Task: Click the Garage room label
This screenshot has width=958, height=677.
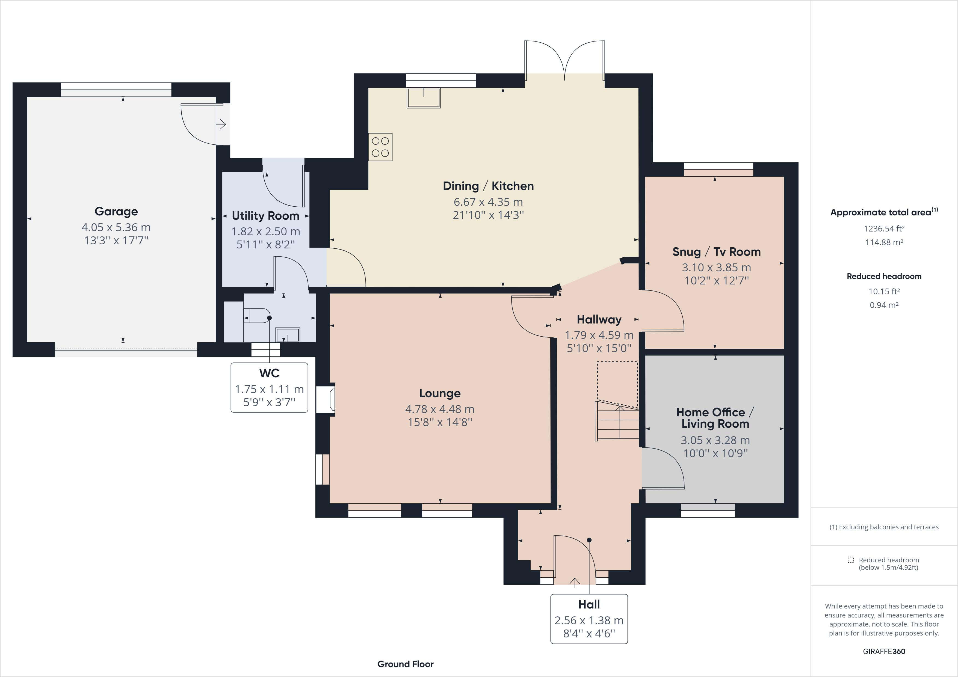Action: click(116, 212)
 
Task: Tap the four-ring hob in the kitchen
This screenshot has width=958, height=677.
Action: click(380, 147)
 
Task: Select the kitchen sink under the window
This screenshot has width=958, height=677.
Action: click(424, 98)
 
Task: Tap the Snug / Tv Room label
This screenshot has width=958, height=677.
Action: click(716, 252)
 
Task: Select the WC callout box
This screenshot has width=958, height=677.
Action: click(269, 388)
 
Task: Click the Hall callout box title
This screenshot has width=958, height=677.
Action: click(589, 604)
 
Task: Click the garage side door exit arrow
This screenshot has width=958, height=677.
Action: click(221, 124)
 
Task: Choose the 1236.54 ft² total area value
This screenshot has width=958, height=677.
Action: click(884, 228)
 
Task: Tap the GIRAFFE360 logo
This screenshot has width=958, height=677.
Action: click(884, 651)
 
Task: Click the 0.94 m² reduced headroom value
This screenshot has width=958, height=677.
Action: click(884, 305)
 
